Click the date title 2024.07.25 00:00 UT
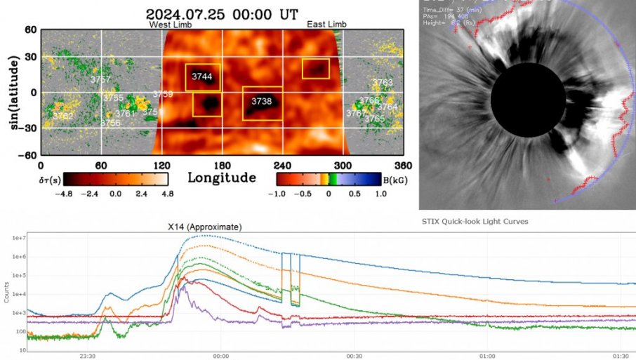point(223,13)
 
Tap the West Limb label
point(168,25)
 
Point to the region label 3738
point(262,102)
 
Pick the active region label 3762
point(62,116)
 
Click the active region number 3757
point(100,79)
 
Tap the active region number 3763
point(383,84)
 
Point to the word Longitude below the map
point(221,178)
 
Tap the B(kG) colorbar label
point(391,178)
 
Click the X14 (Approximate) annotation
point(204,227)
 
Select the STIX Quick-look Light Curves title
point(475,222)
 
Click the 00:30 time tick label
point(354,355)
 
